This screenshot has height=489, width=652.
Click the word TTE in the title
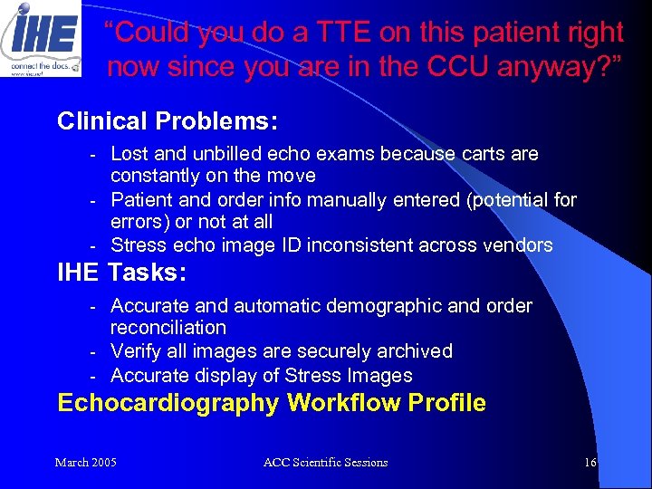(x=357, y=34)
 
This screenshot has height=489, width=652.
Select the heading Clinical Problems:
(x=168, y=120)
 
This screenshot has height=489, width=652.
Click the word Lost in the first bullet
(x=129, y=154)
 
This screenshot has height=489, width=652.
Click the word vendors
(x=518, y=244)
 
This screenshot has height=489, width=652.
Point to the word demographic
(x=385, y=306)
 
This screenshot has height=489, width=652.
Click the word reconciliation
(x=168, y=328)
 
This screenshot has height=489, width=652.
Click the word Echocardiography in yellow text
(x=168, y=403)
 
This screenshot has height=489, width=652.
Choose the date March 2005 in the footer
(x=85, y=463)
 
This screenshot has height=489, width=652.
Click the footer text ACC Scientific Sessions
(x=325, y=463)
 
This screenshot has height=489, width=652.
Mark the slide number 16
(x=590, y=463)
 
